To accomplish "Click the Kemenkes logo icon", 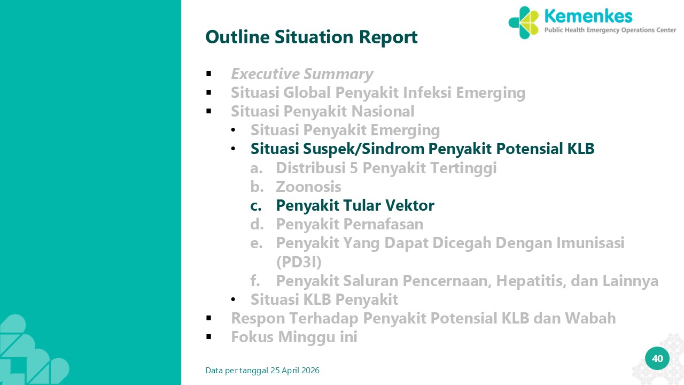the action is [523, 22].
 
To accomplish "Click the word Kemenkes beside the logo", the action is [588, 16].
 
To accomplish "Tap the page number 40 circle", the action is [657, 358].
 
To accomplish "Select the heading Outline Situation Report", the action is [312, 37].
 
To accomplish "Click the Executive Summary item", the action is [302, 74].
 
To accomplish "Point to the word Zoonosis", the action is [308, 187].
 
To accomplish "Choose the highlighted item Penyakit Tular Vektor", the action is [355, 205].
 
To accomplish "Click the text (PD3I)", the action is [299, 262].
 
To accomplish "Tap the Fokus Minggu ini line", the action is [294, 337].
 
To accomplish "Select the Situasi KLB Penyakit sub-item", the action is [324, 299].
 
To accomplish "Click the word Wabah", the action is [590, 318].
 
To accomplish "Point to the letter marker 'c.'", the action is [256, 206].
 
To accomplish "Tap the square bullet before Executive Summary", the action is [209, 74].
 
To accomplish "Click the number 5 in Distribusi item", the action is [354, 168].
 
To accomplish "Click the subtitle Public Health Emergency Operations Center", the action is [610, 30].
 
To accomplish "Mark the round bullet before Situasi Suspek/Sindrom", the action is [234, 149].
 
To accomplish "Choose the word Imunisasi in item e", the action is [590, 243].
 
